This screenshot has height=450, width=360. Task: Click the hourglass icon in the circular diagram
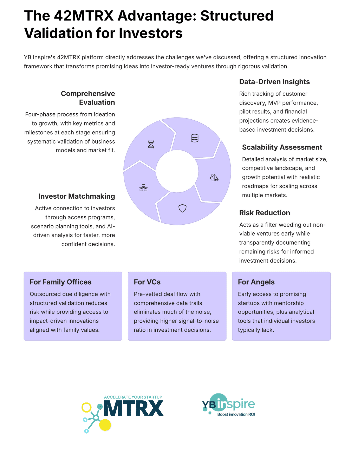(151, 144)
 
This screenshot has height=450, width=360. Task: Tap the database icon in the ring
(195, 138)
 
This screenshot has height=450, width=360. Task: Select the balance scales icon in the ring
(214, 178)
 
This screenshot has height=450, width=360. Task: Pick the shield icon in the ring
(182, 208)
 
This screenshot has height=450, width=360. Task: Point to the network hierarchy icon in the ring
(143, 188)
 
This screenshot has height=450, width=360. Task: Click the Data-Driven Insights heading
(274, 82)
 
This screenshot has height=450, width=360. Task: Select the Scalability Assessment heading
(282, 147)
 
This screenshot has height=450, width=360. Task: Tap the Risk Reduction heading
(265, 213)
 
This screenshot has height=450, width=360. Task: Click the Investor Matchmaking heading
(77, 196)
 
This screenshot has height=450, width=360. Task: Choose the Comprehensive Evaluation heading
(88, 98)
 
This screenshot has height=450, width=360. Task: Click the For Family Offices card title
(61, 282)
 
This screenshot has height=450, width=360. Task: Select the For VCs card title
(147, 282)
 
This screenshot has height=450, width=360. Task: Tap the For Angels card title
(256, 282)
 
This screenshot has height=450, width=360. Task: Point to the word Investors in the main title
(151, 33)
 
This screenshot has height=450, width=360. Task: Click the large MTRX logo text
(134, 408)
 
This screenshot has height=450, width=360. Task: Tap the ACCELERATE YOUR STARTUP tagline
(133, 397)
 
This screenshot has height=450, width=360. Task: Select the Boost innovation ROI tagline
(236, 414)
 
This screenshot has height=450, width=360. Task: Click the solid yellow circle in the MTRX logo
(105, 425)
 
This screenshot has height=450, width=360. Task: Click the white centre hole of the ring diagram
(177, 171)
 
